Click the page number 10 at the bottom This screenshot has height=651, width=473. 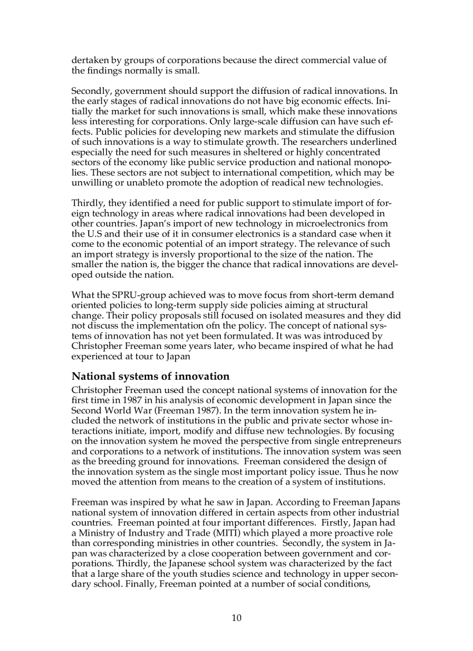[x=237, y=618]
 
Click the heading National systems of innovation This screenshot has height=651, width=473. [x=150, y=376]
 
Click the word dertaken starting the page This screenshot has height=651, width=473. [x=89, y=60]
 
